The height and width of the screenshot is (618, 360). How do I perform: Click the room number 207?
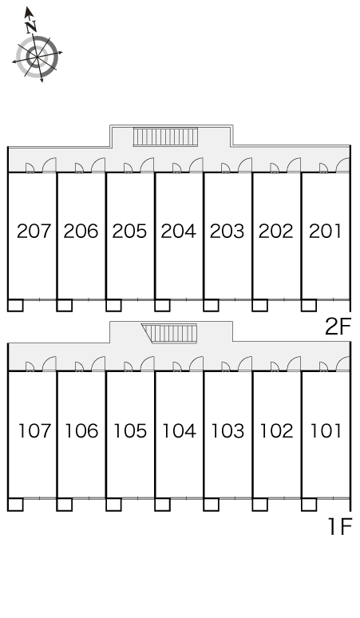point(34,232)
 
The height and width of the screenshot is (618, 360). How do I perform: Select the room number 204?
point(179,232)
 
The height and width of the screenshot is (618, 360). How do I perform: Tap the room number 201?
point(325,232)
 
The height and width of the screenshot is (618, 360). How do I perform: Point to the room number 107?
point(35,431)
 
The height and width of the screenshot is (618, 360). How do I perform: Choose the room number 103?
point(227,431)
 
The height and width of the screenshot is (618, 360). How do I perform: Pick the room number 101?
point(326,431)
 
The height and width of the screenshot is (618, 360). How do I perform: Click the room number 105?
point(130,431)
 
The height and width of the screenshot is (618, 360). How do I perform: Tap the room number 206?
point(81,232)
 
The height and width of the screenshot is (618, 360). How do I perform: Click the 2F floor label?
point(338,327)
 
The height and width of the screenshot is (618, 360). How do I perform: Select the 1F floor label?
point(340,526)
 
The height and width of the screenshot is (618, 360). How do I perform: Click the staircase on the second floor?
point(165,137)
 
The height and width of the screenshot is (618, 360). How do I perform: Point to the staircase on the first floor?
point(170,334)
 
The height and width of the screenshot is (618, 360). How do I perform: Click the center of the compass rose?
point(37,57)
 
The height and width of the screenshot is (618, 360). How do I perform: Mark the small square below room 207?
point(15,306)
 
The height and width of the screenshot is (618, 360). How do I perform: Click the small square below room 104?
point(162,505)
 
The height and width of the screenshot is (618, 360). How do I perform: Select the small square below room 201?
point(309,306)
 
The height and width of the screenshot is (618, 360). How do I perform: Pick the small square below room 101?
point(309,505)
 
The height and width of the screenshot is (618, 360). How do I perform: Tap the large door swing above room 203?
point(244,164)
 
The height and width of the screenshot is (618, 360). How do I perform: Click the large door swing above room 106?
point(98,363)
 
